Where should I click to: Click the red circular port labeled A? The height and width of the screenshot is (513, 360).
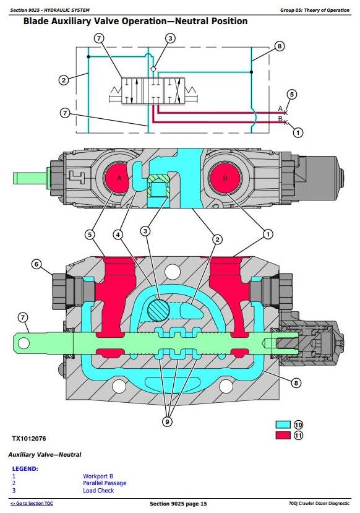click(x=116, y=178)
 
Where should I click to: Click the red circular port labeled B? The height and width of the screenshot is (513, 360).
click(x=225, y=178)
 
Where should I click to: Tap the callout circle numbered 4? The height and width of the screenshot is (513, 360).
click(x=118, y=235)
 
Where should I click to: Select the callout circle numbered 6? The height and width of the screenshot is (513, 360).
click(x=36, y=264)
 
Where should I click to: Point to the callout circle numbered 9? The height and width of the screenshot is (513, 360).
click(x=168, y=421)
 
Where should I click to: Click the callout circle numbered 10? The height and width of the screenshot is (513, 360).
click(x=298, y=425)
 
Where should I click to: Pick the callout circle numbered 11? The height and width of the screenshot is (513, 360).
click(x=298, y=436)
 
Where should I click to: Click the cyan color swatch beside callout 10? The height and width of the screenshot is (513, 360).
click(x=283, y=425)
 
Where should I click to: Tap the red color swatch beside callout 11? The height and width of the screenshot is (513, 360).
click(x=283, y=435)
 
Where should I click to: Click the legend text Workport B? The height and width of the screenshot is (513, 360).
click(x=98, y=476)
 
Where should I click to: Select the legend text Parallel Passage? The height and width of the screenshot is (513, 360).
click(x=105, y=483)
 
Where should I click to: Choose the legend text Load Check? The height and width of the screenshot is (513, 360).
click(x=98, y=491)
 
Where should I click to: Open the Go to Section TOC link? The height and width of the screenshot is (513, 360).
click(x=32, y=504)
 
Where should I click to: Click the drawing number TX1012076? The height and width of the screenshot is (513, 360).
click(x=29, y=438)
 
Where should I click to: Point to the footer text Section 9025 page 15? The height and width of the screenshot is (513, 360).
click(x=178, y=504)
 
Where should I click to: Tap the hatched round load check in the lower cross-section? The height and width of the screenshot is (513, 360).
click(x=158, y=309)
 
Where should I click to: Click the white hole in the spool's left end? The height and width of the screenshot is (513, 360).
click(x=24, y=343)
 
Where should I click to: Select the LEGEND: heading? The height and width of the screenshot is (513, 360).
click(x=25, y=468)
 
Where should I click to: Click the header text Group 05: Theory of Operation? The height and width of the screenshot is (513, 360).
click(x=315, y=10)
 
